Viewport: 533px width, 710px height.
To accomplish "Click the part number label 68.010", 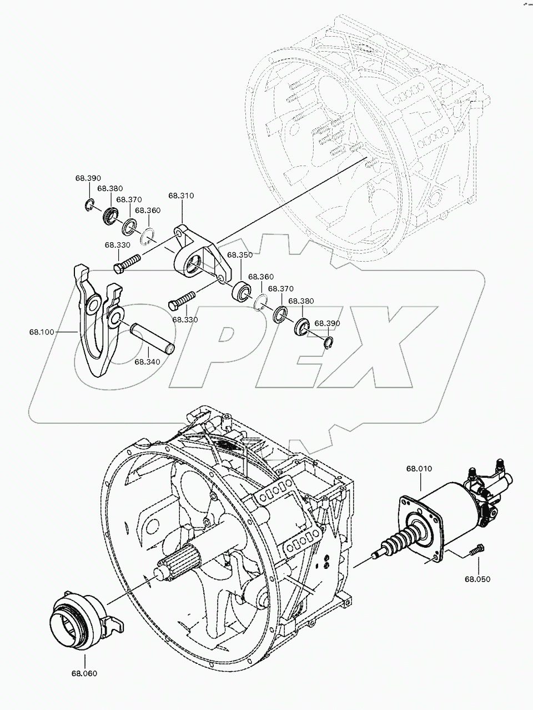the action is point(419,468).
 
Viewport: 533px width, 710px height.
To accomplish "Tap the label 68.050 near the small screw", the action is point(477,579).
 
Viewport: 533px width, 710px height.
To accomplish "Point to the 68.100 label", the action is point(42,332).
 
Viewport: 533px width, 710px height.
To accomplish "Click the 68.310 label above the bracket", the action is point(181,196).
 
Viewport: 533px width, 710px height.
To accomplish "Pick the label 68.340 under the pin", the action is point(147,362).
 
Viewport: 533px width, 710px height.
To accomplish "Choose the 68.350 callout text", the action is point(240,255).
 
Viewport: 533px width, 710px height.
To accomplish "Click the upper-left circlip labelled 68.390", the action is point(90,206).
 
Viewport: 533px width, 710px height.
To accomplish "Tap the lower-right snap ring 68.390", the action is point(329,343).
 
